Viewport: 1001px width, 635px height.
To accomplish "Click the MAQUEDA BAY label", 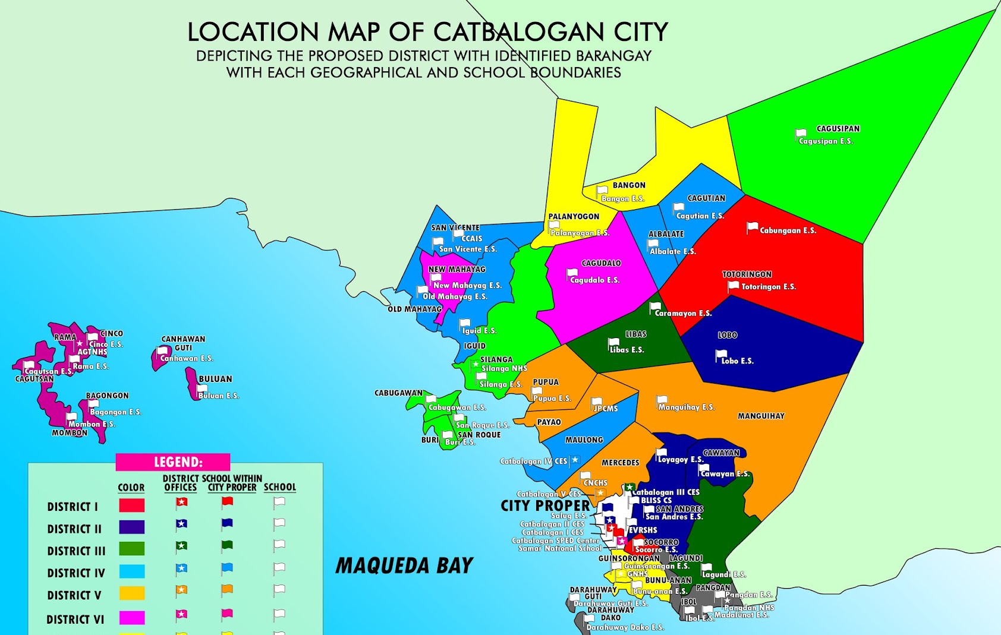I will point(404,566).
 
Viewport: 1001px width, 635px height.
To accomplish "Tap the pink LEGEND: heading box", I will point(173,462).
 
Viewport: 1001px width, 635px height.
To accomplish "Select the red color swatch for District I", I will point(131,506).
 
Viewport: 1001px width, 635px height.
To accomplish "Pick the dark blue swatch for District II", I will point(131,527).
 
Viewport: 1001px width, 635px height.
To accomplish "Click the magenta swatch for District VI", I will point(131,618).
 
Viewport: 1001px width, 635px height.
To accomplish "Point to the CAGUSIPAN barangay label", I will point(838,129).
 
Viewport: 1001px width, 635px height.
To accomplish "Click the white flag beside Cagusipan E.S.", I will point(801,134).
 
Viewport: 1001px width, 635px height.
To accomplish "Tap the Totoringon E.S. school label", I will point(768,287).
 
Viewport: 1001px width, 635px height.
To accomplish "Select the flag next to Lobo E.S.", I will point(720,355).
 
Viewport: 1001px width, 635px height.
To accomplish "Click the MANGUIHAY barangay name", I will point(761,416).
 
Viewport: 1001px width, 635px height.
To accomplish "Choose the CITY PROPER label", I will point(545,506).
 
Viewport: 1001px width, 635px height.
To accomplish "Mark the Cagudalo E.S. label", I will point(594,280).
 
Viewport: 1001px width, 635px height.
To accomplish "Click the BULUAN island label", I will point(215,379).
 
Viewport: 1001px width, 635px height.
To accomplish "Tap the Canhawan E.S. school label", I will point(187,359).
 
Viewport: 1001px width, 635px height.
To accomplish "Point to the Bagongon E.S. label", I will point(115,412).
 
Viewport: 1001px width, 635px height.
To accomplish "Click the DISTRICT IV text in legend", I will point(75,573).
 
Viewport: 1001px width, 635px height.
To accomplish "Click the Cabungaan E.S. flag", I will point(752,227).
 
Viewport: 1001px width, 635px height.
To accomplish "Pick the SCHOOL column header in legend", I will point(279,487).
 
